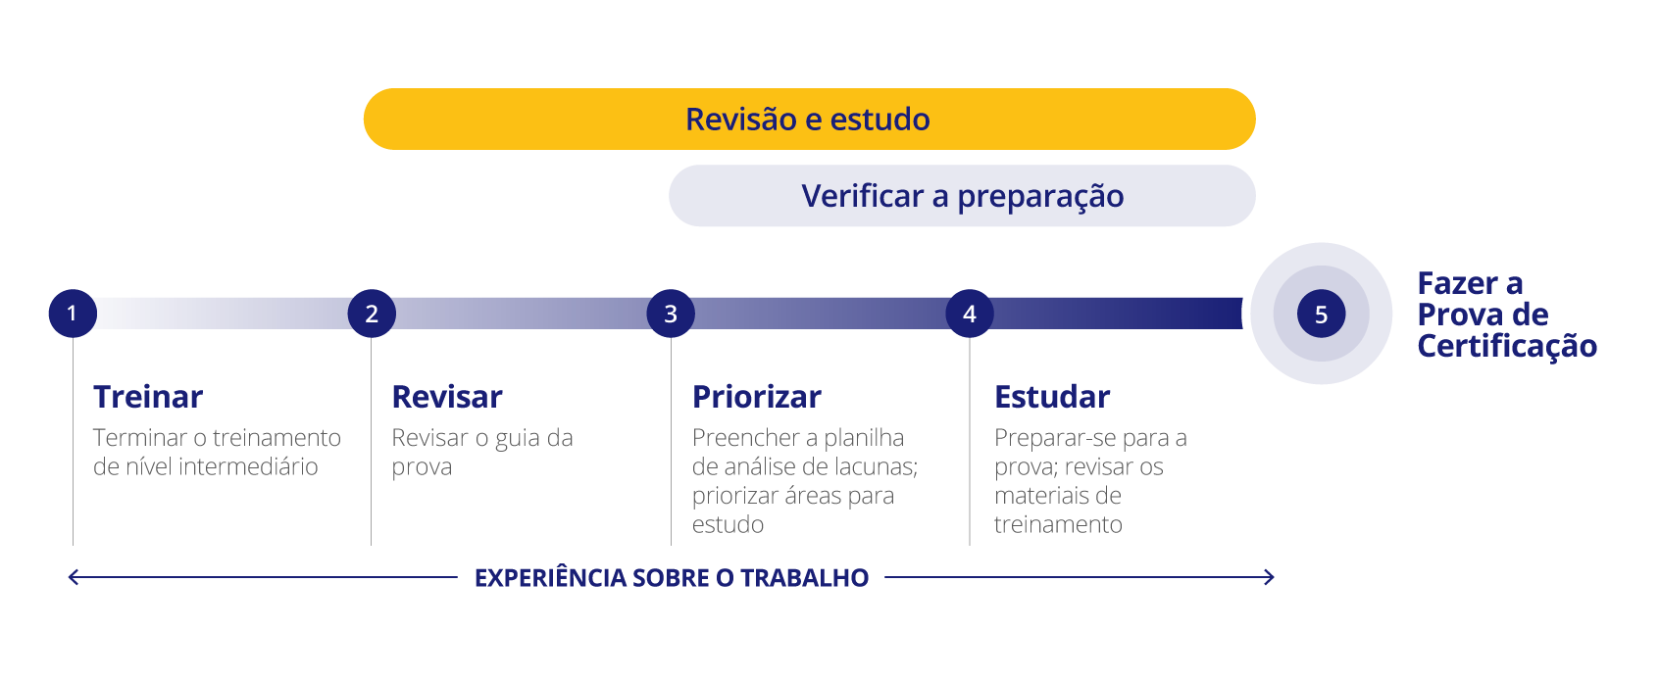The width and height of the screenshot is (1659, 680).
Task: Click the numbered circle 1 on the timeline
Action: click(x=73, y=314)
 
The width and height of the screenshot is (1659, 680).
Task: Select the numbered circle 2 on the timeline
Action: click(x=372, y=314)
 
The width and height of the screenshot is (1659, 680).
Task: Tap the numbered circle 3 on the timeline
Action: click(x=671, y=314)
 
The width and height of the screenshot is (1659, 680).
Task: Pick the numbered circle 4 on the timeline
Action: click(x=970, y=314)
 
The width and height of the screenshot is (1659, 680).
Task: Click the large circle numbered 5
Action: click(x=1321, y=314)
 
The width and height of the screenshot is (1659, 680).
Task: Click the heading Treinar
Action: click(x=148, y=397)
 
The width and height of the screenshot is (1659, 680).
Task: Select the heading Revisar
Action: click(x=447, y=397)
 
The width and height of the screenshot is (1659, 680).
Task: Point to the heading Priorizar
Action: click(x=757, y=397)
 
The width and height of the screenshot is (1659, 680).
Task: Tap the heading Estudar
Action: click(x=1052, y=397)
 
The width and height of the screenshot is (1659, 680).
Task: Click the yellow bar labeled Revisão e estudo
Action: click(x=809, y=120)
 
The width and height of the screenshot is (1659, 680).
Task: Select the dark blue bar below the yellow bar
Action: click(x=962, y=196)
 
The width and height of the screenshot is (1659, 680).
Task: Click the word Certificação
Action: click(x=1507, y=347)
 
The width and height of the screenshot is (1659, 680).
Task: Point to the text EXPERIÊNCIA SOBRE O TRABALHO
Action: click(x=672, y=578)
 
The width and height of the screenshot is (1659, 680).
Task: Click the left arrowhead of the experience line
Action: click(x=71, y=577)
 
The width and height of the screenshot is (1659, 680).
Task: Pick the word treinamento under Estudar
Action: click(x=1058, y=525)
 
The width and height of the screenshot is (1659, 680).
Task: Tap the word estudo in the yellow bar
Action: click(x=880, y=120)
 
